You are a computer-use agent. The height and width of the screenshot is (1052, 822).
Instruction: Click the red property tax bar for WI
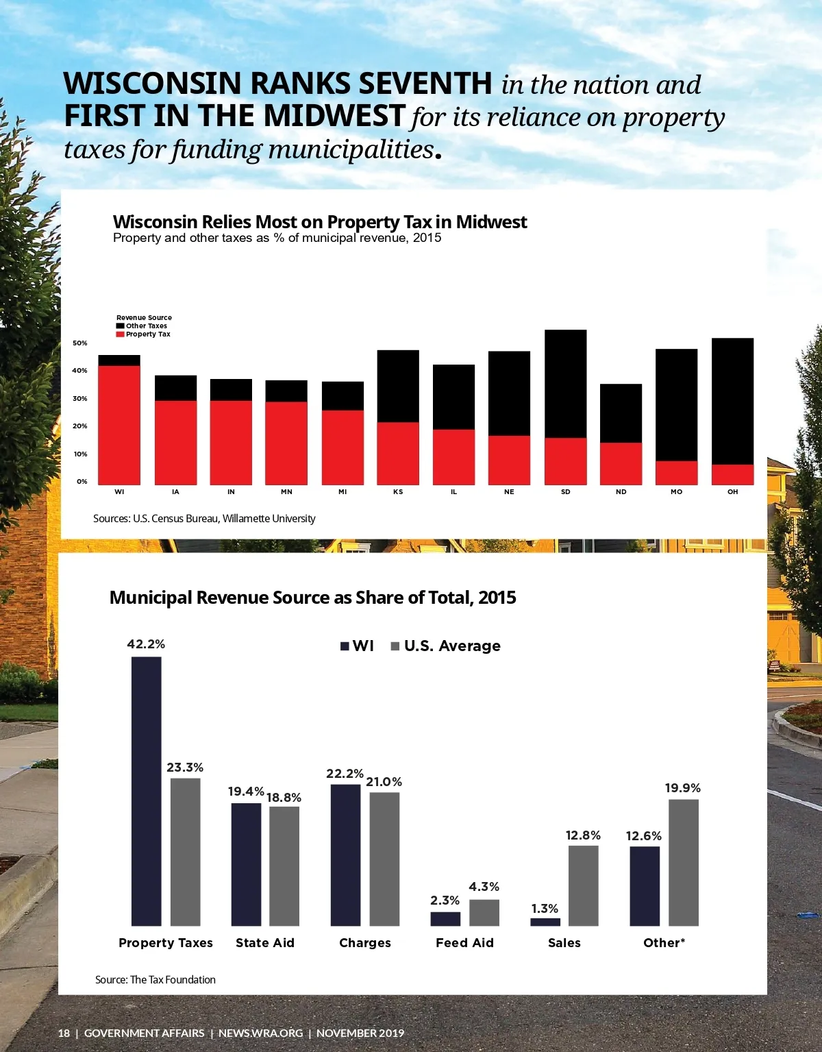tap(119, 425)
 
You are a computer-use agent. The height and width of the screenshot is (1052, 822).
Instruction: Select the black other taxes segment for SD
tap(565, 384)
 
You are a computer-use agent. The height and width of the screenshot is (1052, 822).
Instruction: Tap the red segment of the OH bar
tap(732, 474)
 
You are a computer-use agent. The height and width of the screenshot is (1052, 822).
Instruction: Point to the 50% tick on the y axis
tap(80, 343)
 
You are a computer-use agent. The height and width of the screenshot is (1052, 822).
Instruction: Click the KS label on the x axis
tap(398, 492)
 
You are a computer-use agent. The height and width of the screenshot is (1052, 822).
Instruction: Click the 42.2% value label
tap(146, 644)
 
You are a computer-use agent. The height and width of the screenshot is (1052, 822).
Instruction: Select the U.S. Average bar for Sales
tap(583, 885)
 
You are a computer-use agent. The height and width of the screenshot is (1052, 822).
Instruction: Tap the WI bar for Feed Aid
tap(445, 918)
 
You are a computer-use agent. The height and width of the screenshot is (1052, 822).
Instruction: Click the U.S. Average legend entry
tap(445, 646)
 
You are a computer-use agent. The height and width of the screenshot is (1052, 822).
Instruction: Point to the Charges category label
tap(365, 943)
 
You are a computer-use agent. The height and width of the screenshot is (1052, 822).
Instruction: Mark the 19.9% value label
tap(683, 788)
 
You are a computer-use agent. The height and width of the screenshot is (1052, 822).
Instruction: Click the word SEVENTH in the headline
tap(425, 84)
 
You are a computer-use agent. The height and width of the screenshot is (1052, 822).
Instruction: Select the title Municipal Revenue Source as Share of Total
tap(312, 598)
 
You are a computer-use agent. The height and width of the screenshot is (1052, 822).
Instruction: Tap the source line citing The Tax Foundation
tap(155, 980)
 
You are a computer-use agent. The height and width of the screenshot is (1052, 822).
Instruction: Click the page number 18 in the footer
tap(64, 1033)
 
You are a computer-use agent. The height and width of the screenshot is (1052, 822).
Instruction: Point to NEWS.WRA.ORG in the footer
tap(260, 1033)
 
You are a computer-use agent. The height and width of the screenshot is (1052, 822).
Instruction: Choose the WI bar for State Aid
tap(246, 864)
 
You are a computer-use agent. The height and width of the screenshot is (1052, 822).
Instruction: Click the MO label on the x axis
tap(676, 492)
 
